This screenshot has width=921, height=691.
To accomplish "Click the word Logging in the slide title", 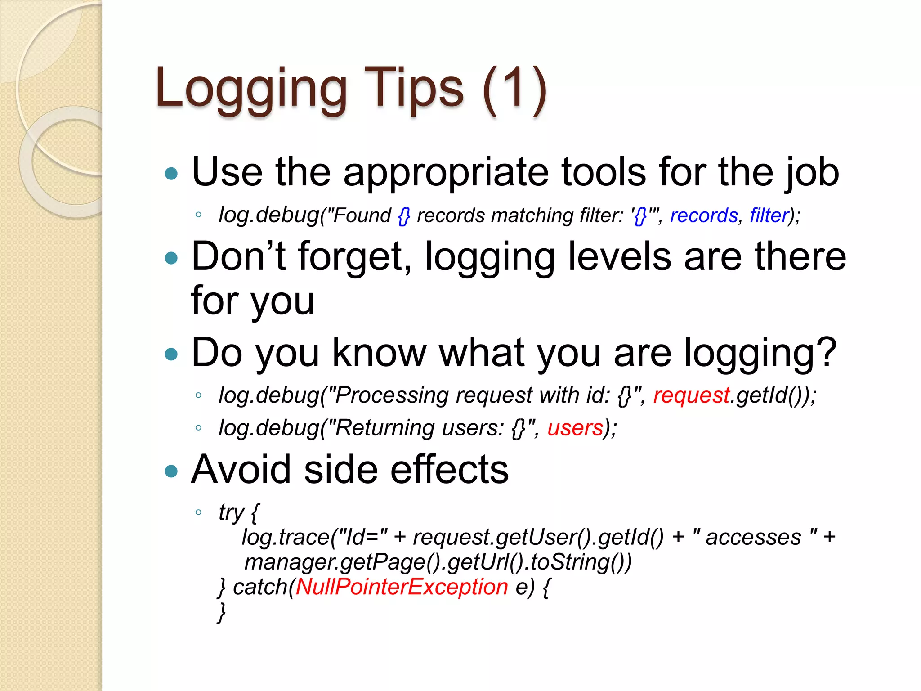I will click(251, 89).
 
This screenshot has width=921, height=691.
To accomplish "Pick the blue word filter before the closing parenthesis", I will click(769, 215).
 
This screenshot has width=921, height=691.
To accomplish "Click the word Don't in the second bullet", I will click(238, 256).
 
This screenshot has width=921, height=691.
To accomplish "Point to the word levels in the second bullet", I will click(620, 256).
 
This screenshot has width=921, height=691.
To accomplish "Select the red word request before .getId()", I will click(691, 395).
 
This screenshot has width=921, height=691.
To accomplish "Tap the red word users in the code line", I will click(575, 428).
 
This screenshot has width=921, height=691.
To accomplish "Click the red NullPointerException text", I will click(402, 587).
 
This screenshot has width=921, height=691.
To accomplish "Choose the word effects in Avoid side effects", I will click(449, 470).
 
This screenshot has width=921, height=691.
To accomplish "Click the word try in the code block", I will click(231, 513).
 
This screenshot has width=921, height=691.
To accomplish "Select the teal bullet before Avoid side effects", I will click(171, 471).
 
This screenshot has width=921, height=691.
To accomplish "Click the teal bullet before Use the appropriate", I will click(171, 174).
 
